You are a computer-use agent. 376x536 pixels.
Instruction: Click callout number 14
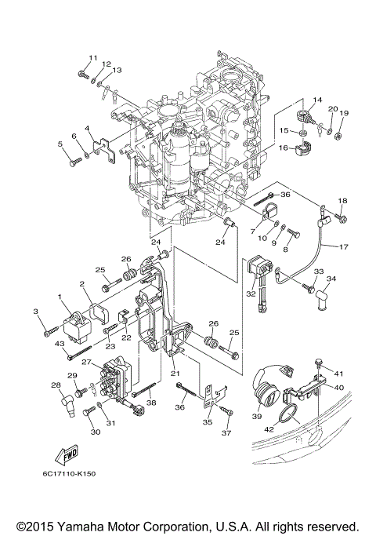point(317,100)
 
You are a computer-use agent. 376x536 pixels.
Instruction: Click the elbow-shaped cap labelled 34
point(321,297)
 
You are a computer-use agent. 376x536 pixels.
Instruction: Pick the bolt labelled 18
point(342,216)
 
